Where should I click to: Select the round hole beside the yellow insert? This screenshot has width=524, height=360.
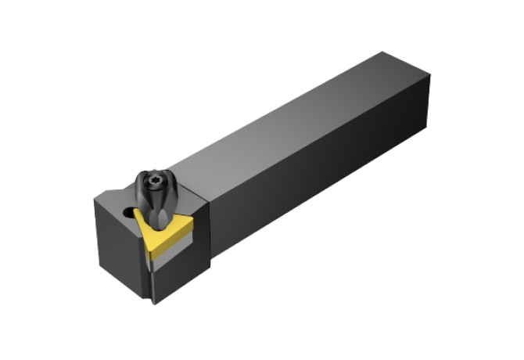click(127, 211)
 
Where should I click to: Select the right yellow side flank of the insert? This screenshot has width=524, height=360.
click(174, 239)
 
